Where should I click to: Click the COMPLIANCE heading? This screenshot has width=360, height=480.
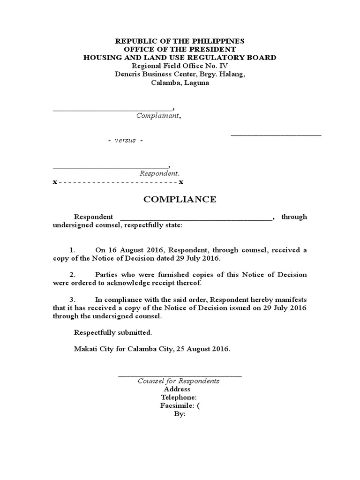click(180, 199)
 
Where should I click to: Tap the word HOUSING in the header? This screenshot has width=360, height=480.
click(102, 58)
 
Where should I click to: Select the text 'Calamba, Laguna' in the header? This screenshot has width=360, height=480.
click(180, 83)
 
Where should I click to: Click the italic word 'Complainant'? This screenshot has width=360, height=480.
click(157, 115)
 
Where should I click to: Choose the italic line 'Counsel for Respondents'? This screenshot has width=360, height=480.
click(179, 381)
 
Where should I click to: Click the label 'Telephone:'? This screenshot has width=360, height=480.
click(175, 397)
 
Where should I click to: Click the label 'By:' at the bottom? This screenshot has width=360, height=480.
click(180, 414)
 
